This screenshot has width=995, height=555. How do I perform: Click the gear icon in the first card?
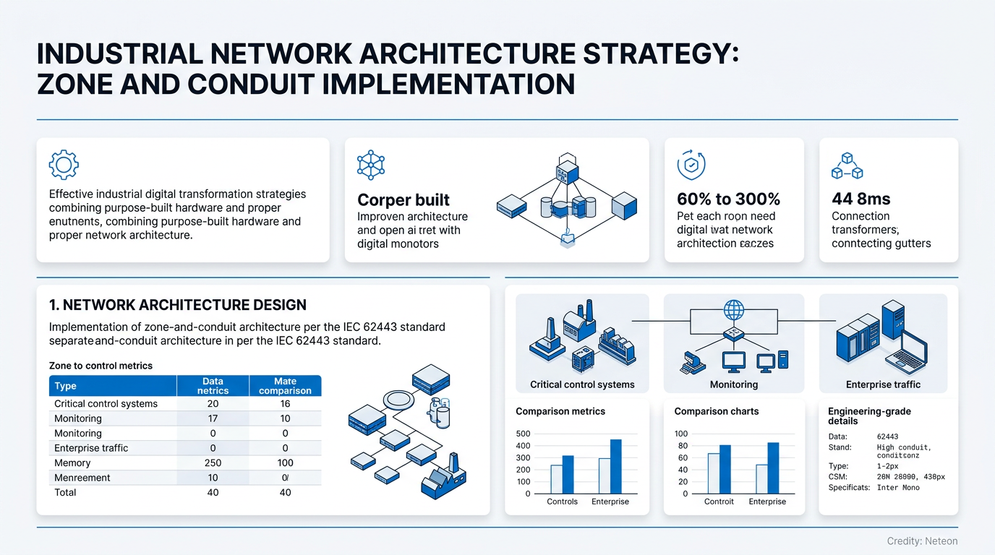coord(64,165)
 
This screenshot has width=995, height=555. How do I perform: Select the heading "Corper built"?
coord(403,200)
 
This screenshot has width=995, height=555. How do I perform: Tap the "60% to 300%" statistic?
coord(728,199)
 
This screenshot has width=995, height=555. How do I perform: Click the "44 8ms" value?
coord(861,199)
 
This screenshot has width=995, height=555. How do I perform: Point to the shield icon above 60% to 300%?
coord(691,165)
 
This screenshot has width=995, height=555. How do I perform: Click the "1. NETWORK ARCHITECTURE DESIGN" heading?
coord(177,305)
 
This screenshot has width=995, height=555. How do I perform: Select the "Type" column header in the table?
coord(66,386)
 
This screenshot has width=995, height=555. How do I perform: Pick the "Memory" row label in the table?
coord(72,462)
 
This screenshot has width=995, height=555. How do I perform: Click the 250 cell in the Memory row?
coord(213,462)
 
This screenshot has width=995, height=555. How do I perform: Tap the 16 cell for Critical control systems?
coord(285,404)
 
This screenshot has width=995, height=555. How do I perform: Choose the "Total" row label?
coord(65,492)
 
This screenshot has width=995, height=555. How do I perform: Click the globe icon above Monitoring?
coord(734,311)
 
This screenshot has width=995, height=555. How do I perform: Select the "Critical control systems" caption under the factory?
coord(582,384)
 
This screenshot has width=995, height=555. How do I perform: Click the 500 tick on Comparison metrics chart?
coord(523,434)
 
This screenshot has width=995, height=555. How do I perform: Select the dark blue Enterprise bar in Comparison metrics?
coord(615,466)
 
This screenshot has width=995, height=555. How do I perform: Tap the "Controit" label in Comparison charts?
coord(719,502)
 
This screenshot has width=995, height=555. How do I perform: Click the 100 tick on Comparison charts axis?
coord(681,434)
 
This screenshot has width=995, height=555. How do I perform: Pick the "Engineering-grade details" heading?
coord(869,416)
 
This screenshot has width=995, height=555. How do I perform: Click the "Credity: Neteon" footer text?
coord(922,541)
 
